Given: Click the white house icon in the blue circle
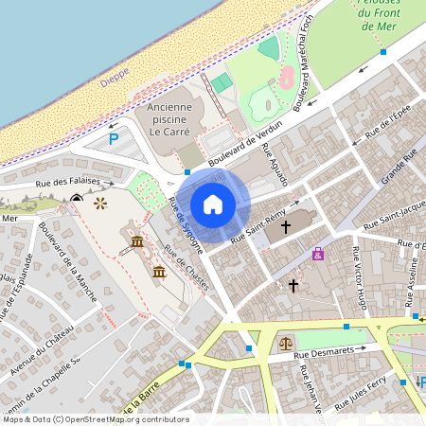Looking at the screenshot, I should (x=213, y=204).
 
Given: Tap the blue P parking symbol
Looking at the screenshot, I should (x=114, y=140).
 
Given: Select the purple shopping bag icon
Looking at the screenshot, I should (x=318, y=253).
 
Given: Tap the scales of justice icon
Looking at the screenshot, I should (x=286, y=344).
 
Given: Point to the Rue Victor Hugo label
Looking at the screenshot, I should (x=359, y=278).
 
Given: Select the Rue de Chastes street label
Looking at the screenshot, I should (x=186, y=268).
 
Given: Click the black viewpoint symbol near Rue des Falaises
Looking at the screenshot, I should (x=77, y=198).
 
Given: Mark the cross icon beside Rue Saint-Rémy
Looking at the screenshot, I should (x=286, y=227).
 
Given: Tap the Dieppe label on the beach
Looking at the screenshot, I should (x=115, y=81).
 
